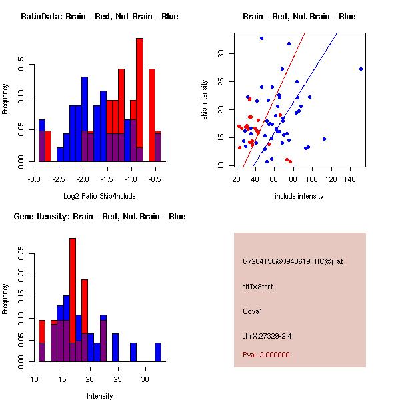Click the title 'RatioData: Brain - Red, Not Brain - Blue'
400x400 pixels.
99,17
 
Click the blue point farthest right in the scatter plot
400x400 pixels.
361,69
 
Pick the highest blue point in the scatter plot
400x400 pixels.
261,38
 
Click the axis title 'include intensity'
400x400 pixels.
299,197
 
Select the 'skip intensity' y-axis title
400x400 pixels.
205,100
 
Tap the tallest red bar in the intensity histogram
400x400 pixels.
73,293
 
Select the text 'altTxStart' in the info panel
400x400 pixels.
259,287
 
